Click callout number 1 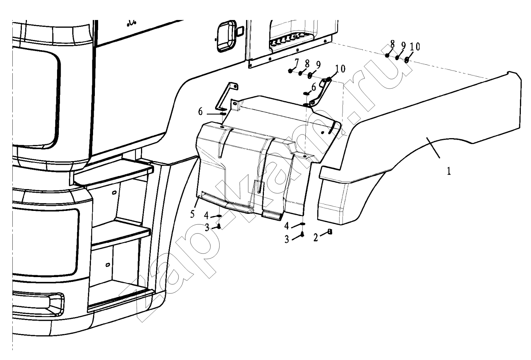(449, 171)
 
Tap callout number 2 (315, 237)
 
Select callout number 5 (192, 214)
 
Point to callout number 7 (296, 63)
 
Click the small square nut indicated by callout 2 (330, 232)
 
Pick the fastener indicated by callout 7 (290, 71)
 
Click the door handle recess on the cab (226, 36)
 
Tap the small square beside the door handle (240, 32)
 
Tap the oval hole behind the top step (114, 192)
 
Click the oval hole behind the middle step (107, 264)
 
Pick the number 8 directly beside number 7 (307, 64)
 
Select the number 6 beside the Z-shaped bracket (200, 112)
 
